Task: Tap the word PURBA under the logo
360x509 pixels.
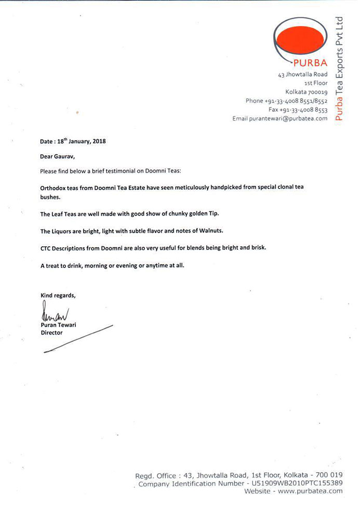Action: coord(310,64)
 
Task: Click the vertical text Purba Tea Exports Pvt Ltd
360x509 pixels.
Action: coord(339,68)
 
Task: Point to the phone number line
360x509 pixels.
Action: coord(286,101)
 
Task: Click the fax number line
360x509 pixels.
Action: coord(298,110)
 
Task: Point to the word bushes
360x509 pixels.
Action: coord(51,197)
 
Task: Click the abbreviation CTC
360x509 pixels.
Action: coord(46,248)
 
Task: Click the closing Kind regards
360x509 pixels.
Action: coord(58,296)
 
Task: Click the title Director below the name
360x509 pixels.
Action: coord(51,333)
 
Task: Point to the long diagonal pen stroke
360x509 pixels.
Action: coord(78,339)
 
